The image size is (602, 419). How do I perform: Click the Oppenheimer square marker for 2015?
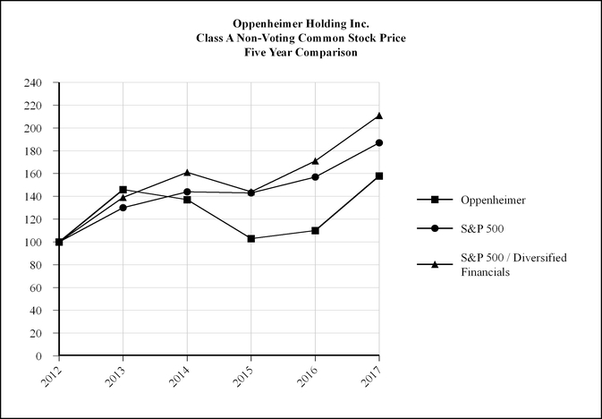tap(251, 238)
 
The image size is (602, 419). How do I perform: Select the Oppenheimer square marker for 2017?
tap(379, 175)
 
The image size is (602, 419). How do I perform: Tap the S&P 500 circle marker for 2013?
tap(123, 208)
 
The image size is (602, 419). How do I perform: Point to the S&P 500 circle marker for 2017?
tap(379, 142)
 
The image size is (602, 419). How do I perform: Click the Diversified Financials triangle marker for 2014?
tap(187, 172)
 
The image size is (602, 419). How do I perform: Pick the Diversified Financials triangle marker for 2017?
tap(379, 115)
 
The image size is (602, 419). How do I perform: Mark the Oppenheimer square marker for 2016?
tap(316, 230)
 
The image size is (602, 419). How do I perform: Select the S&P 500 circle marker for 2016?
tap(316, 176)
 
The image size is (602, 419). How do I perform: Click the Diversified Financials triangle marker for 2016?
tap(316, 161)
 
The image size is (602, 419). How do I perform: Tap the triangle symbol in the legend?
tap(435, 264)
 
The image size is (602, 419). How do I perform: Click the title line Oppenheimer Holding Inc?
tap(301, 24)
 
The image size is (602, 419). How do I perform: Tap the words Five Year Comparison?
tap(301, 53)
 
